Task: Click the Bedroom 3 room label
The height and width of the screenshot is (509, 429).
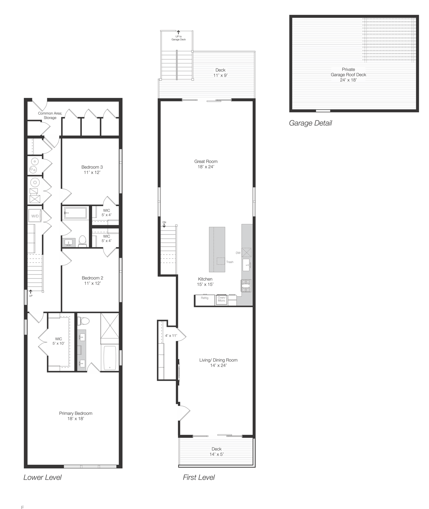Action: pyautogui.click(x=92, y=170)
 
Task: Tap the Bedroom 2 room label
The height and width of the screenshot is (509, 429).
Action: pyautogui.click(x=92, y=281)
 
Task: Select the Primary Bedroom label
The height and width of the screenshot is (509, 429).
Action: pyautogui.click(x=76, y=416)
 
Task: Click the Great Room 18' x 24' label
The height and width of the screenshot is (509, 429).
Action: pyautogui.click(x=206, y=164)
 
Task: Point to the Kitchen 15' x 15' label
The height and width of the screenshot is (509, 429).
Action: pyautogui.click(x=205, y=282)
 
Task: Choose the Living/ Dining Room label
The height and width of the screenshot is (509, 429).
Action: pyautogui.click(x=219, y=362)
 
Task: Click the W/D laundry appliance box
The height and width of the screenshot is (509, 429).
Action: pyautogui.click(x=35, y=216)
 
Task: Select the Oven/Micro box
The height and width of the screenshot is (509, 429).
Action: pyautogui.click(x=222, y=299)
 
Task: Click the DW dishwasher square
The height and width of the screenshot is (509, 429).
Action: pyautogui.click(x=247, y=252)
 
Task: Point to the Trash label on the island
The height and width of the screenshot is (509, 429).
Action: pyautogui.click(x=230, y=262)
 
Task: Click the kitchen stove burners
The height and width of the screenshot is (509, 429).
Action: pyautogui.click(x=246, y=286)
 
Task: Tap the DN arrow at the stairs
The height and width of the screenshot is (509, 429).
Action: pyautogui.click(x=164, y=224)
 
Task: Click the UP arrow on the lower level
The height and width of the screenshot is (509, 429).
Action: pyautogui.click(x=31, y=293)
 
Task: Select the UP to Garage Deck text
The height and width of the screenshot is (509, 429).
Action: pyautogui.click(x=178, y=38)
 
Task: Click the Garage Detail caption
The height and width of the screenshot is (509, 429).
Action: pyautogui.click(x=310, y=123)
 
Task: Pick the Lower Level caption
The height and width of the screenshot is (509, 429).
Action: pyautogui.click(x=43, y=477)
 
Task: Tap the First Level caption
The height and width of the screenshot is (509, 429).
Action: pyautogui.click(x=199, y=477)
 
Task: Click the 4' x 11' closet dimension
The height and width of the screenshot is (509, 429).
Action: pyautogui.click(x=171, y=336)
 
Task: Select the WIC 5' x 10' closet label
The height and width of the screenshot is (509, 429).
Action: pyautogui.click(x=58, y=341)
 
